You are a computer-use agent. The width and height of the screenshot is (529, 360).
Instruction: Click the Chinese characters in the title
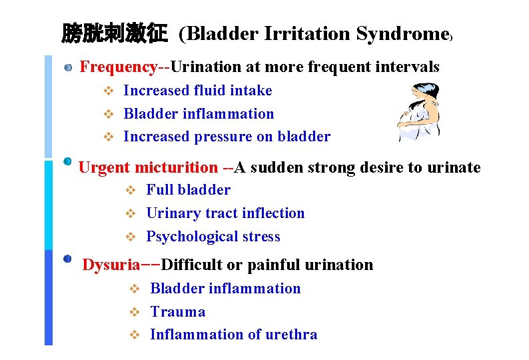(115, 34)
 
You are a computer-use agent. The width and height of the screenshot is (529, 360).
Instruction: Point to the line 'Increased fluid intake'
(198, 91)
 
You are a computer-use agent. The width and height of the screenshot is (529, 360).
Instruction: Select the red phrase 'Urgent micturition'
(148, 168)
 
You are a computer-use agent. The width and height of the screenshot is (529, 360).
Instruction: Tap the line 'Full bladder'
(188, 190)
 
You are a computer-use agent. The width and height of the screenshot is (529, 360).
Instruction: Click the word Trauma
(178, 312)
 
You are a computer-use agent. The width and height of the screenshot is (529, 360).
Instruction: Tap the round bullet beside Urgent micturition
(67, 162)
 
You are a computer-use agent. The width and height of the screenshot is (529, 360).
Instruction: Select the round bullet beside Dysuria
(67, 259)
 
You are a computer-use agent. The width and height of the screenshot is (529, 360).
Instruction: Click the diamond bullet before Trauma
(133, 312)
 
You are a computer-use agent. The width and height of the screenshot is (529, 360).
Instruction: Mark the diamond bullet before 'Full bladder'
(131, 191)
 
